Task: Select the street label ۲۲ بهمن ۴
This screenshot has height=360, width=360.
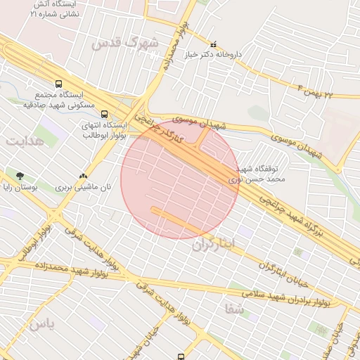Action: pos(324,91)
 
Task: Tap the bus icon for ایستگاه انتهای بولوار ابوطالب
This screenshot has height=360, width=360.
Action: pos(104,114)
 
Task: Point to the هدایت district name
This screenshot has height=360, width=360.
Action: pos(25,141)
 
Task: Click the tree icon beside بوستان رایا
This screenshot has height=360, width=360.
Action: pos(19,176)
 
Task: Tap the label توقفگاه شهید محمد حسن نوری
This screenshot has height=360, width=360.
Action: pos(255,174)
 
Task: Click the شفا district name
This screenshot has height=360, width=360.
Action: pos(234,308)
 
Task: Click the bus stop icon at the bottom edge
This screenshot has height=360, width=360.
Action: pos(181,357)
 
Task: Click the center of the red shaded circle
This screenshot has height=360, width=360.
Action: pos(180,179)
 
